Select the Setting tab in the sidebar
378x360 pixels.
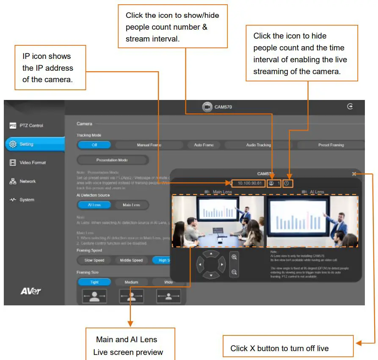pos(26,144)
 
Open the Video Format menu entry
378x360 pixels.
pos(32,163)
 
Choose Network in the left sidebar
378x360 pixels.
pos(27,181)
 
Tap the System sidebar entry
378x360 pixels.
pos(26,200)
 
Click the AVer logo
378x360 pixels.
pos(30,291)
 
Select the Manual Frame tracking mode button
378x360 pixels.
pos(149,145)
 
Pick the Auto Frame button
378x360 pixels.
pos(204,145)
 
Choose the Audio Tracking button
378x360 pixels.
pos(258,145)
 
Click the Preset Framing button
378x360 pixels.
pos(331,145)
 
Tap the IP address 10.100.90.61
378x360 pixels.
pos(249,183)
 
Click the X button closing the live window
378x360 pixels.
pos(354,174)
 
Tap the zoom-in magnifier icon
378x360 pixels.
pos(234,257)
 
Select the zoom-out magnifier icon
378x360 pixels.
pos(234,272)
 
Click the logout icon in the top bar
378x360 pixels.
pos(350,107)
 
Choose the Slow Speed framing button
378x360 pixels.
pos(94,260)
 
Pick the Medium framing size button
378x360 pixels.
pos(131,282)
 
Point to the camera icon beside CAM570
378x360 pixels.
pos(207,107)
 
